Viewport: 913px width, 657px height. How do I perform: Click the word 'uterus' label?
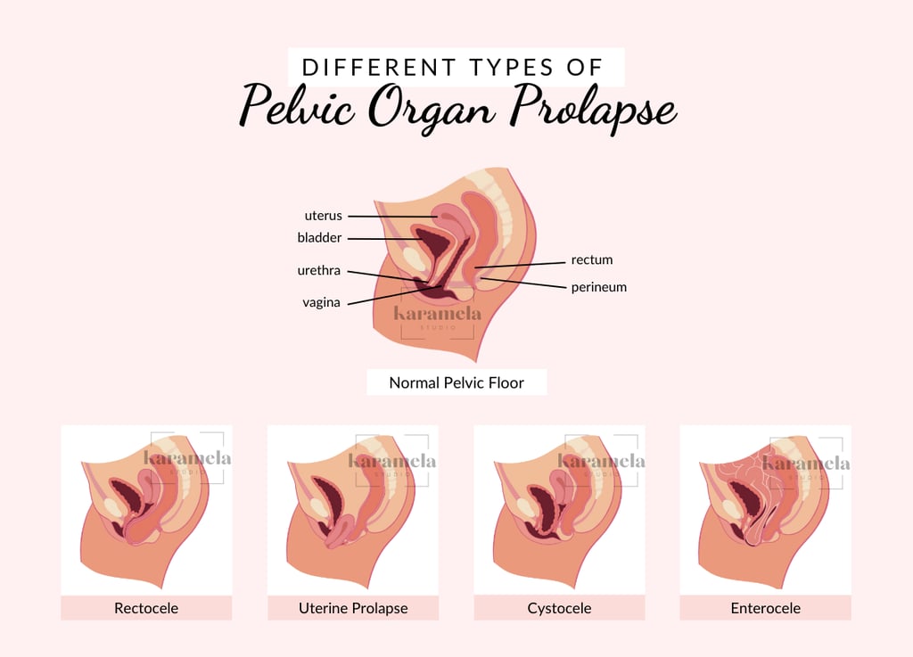tap(323, 216)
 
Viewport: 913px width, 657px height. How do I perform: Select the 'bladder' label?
tap(319, 238)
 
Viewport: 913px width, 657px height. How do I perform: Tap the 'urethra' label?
tap(319, 270)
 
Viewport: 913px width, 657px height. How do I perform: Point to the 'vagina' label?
tap(321, 302)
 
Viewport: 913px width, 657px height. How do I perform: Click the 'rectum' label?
tap(592, 259)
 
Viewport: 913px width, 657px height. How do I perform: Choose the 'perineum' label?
tap(598, 287)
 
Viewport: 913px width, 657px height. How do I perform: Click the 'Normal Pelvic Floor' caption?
tap(456, 383)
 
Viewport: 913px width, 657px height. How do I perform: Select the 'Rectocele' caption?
tap(146, 609)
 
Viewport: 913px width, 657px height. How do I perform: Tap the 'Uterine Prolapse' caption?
tap(353, 609)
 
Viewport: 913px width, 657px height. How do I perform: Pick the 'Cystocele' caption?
tap(559, 609)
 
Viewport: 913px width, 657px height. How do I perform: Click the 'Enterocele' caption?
tap(766, 609)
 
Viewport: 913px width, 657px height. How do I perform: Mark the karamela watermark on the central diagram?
tap(438, 314)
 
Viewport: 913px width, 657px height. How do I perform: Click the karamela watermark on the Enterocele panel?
tap(806, 463)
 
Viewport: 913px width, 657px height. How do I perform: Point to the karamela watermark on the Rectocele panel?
tap(187, 458)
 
